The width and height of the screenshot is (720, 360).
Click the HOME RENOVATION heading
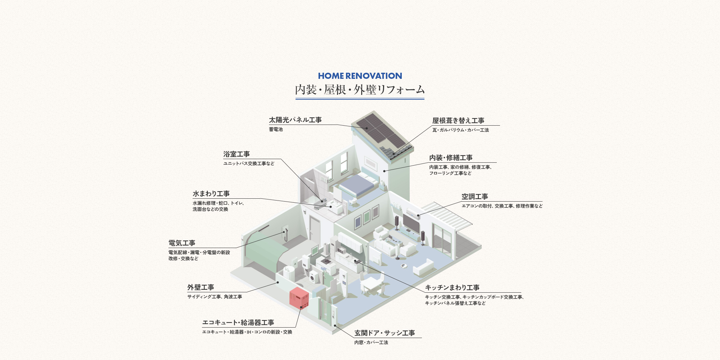point(360,76)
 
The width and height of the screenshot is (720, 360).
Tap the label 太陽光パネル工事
point(295,120)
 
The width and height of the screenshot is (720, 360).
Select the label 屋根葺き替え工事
point(458,121)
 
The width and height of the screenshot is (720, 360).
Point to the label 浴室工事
point(237,154)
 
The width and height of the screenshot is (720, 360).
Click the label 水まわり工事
point(211,194)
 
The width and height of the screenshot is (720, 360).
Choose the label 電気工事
point(182,243)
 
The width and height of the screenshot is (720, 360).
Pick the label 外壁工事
point(201,287)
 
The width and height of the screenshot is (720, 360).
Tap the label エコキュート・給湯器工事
point(238,323)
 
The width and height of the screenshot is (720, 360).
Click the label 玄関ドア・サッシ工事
point(384,333)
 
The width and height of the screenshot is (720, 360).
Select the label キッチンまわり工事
point(452,288)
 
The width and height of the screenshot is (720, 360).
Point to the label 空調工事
point(475,197)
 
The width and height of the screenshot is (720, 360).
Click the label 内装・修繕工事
point(451,158)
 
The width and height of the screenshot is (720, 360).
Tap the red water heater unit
point(299,297)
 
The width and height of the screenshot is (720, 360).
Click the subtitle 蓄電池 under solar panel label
point(276,129)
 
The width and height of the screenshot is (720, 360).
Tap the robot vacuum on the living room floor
point(404,266)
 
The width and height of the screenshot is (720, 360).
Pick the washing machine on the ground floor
point(314,277)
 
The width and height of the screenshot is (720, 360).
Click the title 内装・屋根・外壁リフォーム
point(360,90)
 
